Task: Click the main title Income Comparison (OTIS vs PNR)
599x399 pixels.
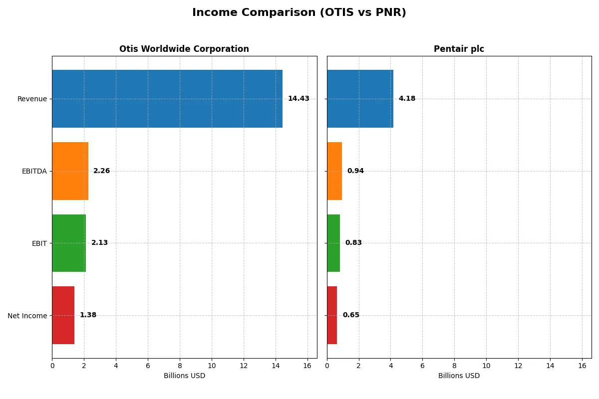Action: (x=299, y=13)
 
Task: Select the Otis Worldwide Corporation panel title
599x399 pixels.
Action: (x=184, y=49)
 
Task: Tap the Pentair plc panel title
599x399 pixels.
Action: (x=459, y=49)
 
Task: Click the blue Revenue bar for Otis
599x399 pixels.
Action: (x=167, y=99)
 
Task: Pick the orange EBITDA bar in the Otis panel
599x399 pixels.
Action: (x=70, y=171)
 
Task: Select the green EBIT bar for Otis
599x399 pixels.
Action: (x=69, y=243)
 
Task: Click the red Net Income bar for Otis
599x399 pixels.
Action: (x=63, y=315)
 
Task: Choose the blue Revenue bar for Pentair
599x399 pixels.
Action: (x=360, y=99)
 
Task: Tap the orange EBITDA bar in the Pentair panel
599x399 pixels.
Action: (x=334, y=171)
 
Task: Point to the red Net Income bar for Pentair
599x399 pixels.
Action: (x=332, y=315)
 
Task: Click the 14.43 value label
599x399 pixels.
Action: (x=299, y=99)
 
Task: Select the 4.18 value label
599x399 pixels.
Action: (x=407, y=99)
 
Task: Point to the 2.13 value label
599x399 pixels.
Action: (x=99, y=243)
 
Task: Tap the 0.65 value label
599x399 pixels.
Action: (x=351, y=315)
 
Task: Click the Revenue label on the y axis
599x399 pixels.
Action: (x=32, y=99)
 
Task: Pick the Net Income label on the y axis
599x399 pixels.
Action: (x=27, y=315)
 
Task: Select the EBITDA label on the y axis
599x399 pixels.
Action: (x=34, y=171)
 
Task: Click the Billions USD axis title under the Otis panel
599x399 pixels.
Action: (x=184, y=376)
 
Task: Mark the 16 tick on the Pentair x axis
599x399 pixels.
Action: (x=582, y=366)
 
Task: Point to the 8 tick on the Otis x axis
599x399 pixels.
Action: (x=180, y=366)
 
